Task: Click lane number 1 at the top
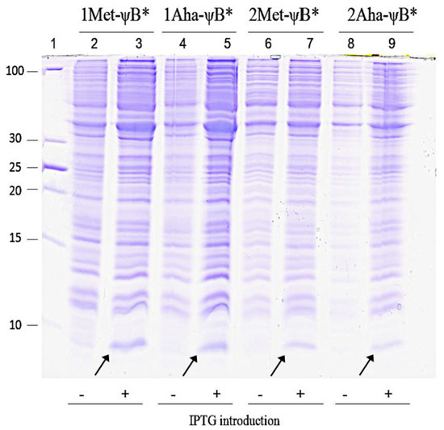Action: [x=53, y=43]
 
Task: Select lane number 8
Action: [x=350, y=43]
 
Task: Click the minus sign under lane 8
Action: [x=346, y=393]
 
